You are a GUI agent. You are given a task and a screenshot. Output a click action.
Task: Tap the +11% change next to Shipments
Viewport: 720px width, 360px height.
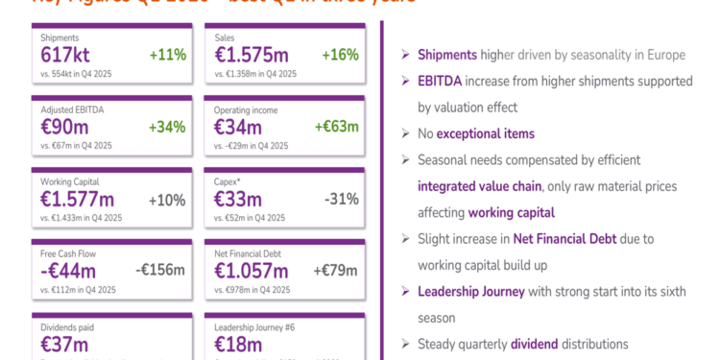point(167,55)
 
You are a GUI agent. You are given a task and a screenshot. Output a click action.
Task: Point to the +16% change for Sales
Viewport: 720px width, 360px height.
point(340,55)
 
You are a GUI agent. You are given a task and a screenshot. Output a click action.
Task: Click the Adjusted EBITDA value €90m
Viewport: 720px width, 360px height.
point(64,127)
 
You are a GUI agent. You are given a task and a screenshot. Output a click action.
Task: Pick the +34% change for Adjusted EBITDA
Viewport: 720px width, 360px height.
point(167,127)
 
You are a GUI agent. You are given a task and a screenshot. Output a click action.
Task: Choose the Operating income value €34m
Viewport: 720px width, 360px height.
point(238,127)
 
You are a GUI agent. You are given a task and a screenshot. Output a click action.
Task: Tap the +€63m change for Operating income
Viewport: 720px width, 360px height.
point(337,127)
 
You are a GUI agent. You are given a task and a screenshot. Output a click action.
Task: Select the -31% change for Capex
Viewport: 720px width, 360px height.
point(341,200)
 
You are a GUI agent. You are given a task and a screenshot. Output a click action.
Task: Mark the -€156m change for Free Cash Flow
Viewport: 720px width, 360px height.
point(160,270)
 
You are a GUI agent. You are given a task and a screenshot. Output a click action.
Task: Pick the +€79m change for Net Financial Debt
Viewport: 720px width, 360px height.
point(337,270)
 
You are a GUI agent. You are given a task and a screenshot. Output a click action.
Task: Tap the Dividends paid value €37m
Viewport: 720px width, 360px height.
point(64,344)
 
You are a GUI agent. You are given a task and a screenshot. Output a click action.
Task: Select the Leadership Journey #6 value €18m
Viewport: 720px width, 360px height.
point(238,344)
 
